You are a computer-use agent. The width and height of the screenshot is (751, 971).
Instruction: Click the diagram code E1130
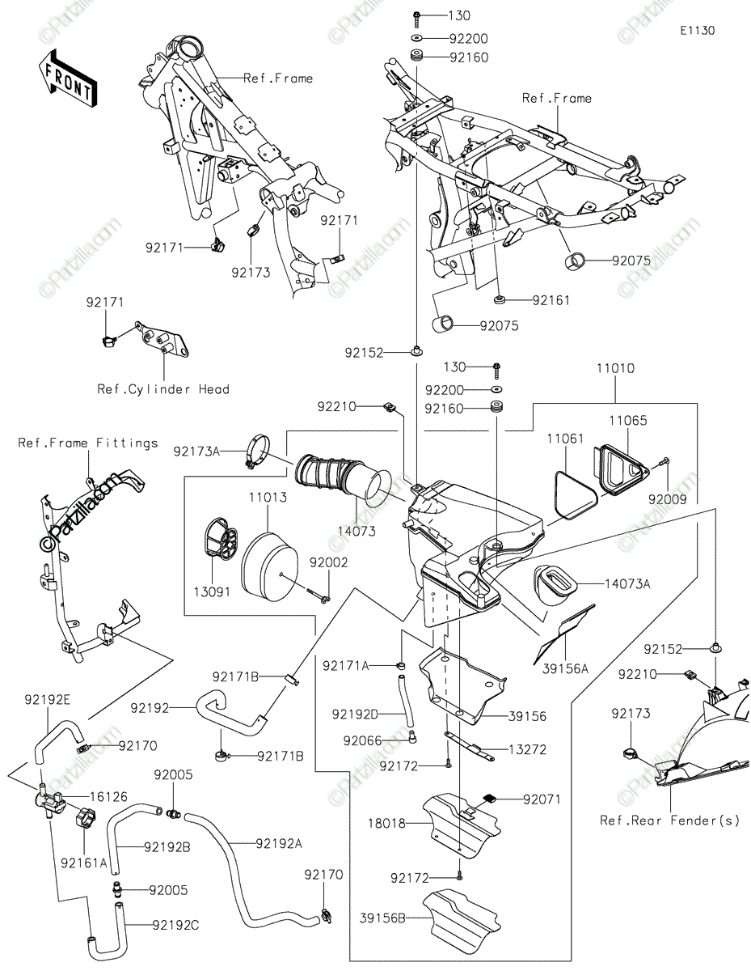tap(698, 31)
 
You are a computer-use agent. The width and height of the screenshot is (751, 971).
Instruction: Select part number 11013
tap(268, 497)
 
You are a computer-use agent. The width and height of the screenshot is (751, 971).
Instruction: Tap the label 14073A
tap(628, 583)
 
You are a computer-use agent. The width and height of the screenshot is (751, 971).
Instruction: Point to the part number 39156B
tap(382, 918)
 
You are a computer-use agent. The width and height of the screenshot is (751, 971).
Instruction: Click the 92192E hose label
tap(48, 699)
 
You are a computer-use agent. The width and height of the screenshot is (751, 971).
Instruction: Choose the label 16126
tap(108, 796)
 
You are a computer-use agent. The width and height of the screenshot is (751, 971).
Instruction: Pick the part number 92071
tap(542, 799)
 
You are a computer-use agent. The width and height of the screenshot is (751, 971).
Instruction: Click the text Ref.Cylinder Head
tap(163, 389)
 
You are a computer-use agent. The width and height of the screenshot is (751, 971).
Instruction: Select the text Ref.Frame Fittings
tap(88, 443)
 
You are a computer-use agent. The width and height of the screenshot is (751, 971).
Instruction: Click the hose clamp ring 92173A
tap(259, 452)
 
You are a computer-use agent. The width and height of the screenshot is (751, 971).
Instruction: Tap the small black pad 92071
tap(491, 798)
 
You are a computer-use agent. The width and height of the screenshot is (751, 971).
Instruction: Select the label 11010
tap(615, 368)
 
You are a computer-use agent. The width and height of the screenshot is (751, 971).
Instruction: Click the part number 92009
tap(667, 499)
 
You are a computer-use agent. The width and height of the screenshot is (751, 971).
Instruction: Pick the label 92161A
tap(84, 863)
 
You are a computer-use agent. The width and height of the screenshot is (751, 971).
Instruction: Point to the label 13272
tap(528, 750)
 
